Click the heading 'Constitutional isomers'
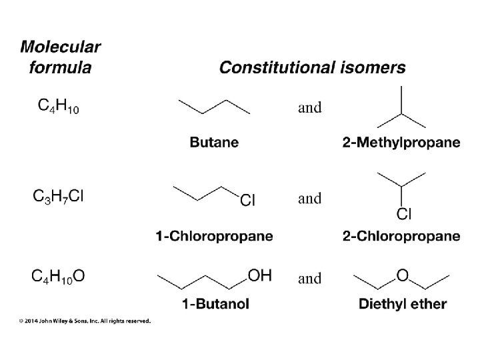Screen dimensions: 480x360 click(312, 67)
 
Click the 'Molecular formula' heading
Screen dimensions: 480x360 click(61, 57)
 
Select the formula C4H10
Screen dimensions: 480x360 click(57, 105)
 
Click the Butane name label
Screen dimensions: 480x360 click(214, 142)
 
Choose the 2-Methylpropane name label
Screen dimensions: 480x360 click(401, 142)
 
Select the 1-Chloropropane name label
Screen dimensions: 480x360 click(214, 235)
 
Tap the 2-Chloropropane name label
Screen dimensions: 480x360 click(401, 235)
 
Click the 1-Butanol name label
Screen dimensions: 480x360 click(215, 304)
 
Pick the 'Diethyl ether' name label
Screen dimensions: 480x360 click(403, 304)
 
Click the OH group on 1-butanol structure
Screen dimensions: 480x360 click(259, 274)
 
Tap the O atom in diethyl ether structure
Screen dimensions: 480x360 click(402, 274)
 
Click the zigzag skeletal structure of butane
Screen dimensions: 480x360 click(214, 106)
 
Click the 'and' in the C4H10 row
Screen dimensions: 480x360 click(309, 107)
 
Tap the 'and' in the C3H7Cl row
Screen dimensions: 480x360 click(309, 198)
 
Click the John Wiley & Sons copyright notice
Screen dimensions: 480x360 click(85, 321)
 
